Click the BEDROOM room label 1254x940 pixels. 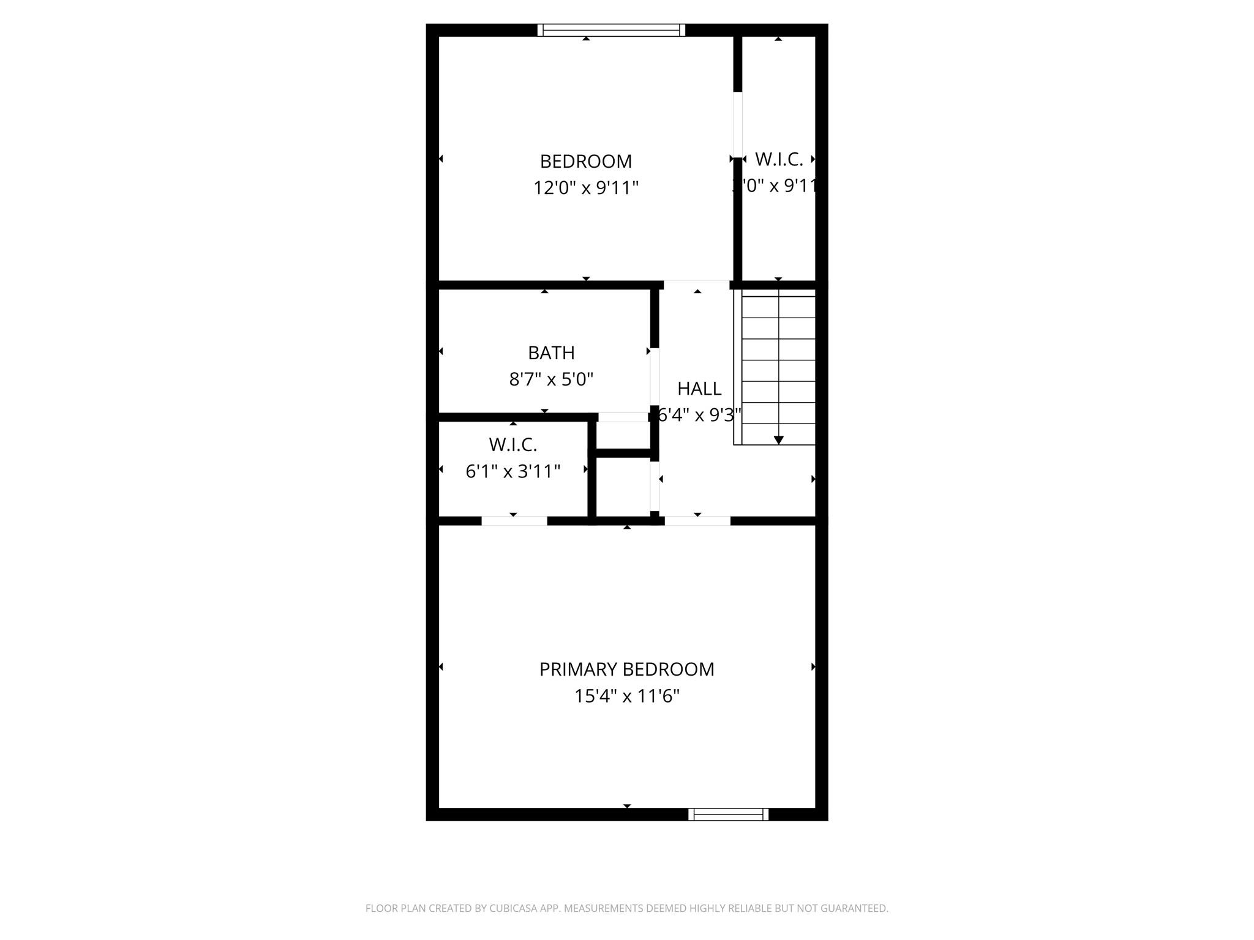(585, 162)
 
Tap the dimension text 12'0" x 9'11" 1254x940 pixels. (585, 188)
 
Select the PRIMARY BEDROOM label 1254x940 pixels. (626, 670)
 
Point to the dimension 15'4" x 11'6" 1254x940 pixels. (626, 696)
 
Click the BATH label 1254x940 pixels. (551, 353)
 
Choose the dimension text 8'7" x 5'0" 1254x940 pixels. (551, 380)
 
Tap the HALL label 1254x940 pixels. (699, 389)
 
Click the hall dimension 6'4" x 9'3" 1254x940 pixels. (699, 416)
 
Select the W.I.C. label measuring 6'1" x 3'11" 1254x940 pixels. (512, 444)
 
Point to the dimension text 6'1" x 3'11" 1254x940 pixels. (512, 472)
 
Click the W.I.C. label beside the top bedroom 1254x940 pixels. (779, 160)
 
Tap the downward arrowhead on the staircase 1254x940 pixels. (778, 440)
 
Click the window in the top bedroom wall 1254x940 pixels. (611, 30)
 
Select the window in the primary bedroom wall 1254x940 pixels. (728, 814)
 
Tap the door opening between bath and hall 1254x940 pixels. (655, 376)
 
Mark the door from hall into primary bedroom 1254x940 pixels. (697, 521)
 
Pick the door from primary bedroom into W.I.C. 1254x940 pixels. (514, 521)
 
